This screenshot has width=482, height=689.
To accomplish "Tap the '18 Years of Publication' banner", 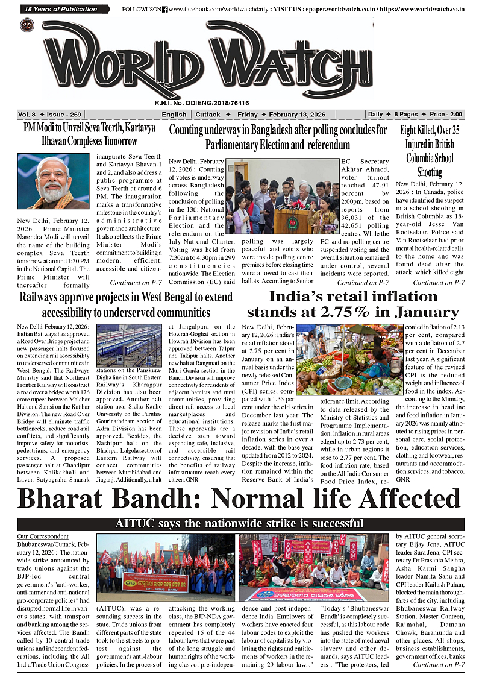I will tap(61, 9).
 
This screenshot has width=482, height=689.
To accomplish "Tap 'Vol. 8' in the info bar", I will tap(27, 115).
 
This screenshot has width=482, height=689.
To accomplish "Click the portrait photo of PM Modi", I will tap(53, 181).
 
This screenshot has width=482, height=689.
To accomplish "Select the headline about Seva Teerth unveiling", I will tap(89, 134).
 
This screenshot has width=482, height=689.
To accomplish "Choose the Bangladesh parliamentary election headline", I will tap(278, 137).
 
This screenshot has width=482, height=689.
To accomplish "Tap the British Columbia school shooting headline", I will tap(430, 151).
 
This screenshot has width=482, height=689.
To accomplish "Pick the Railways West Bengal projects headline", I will tap(126, 304).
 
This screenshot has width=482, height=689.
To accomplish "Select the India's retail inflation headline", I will tap(352, 304).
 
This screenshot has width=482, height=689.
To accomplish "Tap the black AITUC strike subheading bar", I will tap(240, 523).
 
